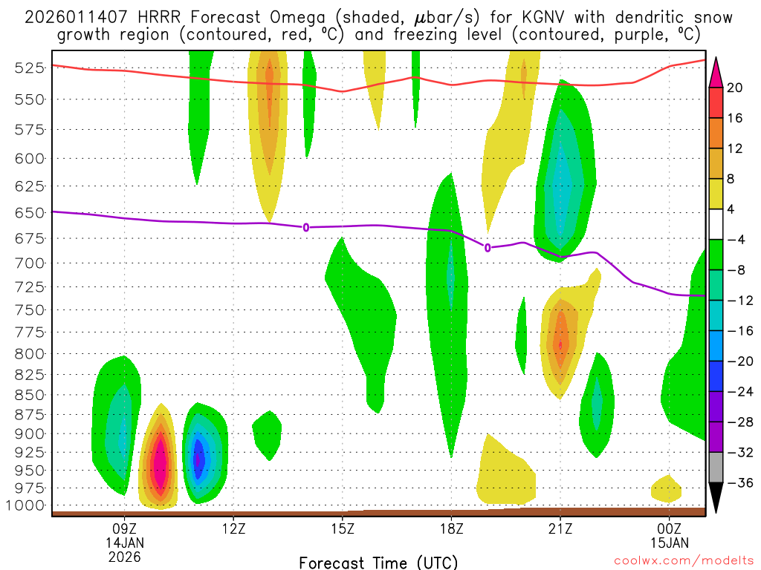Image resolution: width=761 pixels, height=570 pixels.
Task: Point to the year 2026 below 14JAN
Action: point(124,555)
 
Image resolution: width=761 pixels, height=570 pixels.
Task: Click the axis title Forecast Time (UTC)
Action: point(378,563)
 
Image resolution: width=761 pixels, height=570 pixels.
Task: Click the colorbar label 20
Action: point(735,88)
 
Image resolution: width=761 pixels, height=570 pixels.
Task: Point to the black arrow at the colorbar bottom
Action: point(716,498)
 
